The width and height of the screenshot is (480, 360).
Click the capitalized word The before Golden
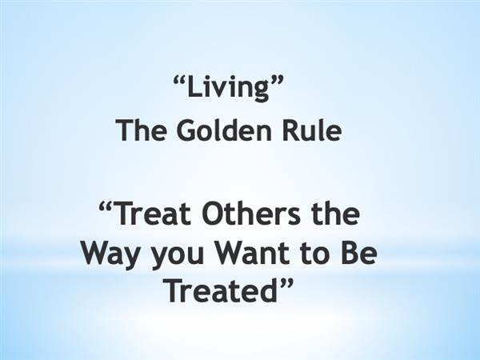point(142,130)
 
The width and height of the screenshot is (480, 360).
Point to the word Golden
point(224,130)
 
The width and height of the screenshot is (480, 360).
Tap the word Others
point(251,214)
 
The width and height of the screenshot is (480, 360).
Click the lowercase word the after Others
point(334,214)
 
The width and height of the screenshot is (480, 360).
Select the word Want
point(252,254)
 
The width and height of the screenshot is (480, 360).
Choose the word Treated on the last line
point(222,291)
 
